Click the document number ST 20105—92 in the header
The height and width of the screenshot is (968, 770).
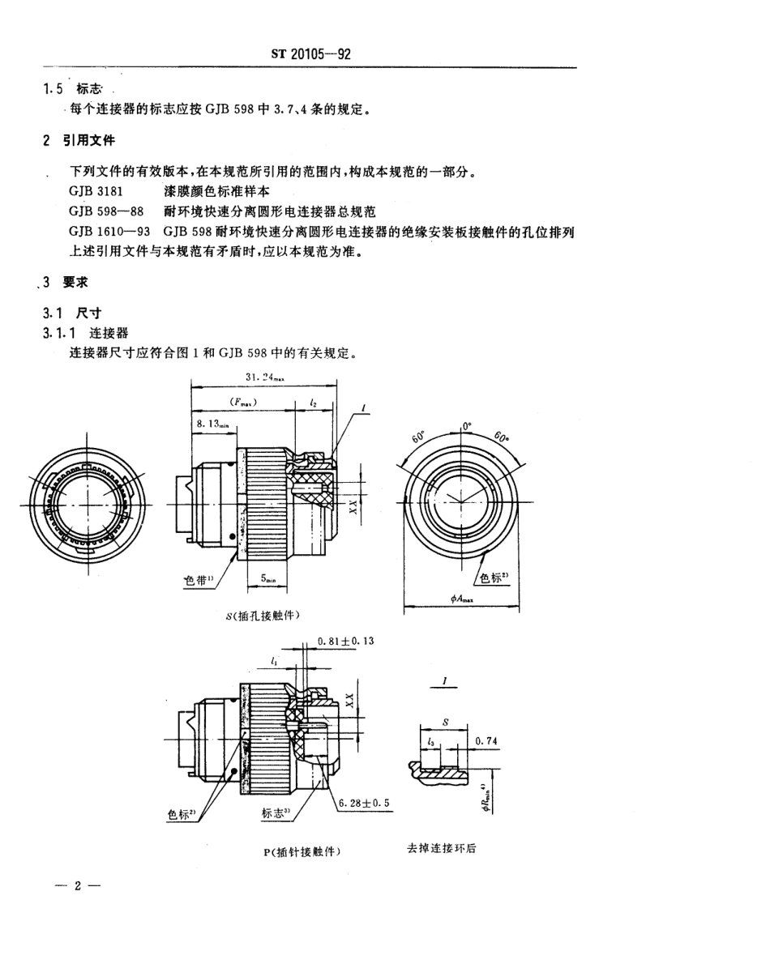point(310,54)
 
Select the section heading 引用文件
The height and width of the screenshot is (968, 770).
point(89,140)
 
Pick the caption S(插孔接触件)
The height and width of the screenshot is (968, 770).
point(263,616)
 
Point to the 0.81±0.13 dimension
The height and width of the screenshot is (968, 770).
point(345,640)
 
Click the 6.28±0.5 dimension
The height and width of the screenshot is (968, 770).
point(362,804)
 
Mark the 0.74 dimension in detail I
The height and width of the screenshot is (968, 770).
point(486,740)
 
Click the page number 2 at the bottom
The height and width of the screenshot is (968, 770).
point(78,885)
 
